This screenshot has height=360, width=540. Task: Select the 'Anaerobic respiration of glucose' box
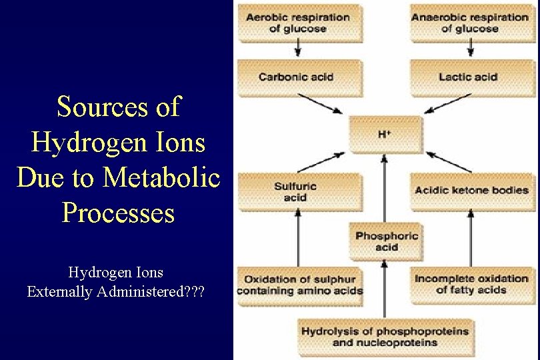(469, 23)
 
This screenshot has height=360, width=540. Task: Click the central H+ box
(385, 134)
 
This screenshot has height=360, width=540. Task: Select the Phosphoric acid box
(387, 241)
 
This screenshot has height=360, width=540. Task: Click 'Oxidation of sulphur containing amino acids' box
(300, 285)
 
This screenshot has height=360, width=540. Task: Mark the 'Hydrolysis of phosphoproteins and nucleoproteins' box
(385, 337)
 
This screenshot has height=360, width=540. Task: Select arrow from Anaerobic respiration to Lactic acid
(471, 47)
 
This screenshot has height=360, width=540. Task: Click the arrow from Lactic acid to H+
(448, 103)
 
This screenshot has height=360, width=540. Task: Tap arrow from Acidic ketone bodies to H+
(449, 162)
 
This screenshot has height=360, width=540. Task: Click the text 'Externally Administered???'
(116, 291)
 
